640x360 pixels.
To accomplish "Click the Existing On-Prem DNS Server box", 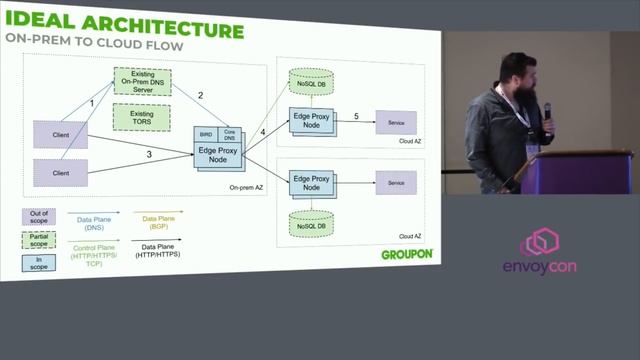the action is point(142,81).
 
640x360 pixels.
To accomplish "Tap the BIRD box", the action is point(207,132).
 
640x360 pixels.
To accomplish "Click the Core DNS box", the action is point(229,133).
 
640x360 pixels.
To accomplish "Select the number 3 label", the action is point(149,155).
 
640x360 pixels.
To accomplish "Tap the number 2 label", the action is point(200,95).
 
